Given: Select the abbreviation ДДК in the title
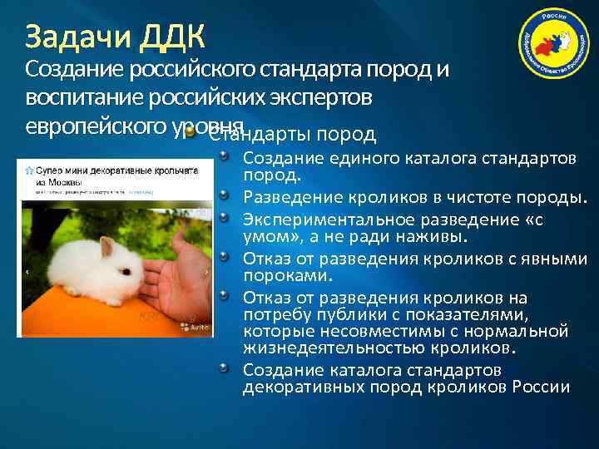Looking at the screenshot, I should tap(173, 37).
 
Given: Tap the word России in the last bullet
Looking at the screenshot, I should tap(541, 387).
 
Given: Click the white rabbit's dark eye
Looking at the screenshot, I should tap(123, 270).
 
